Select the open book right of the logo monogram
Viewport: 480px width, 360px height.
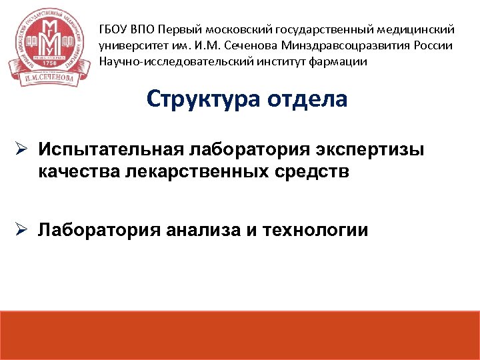(65, 42)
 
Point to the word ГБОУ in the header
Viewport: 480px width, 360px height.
(114, 30)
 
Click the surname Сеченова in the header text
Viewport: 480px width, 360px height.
(251, 46)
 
